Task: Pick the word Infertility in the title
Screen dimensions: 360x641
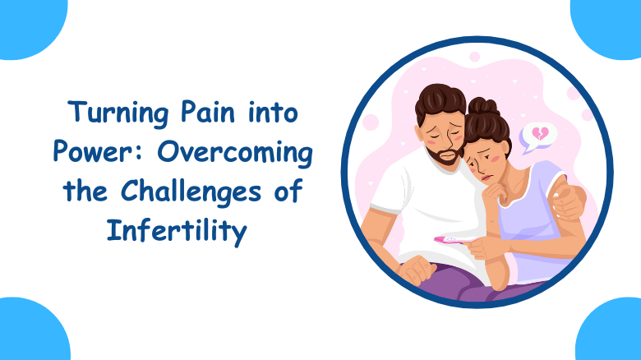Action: click(x=176, y=233)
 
